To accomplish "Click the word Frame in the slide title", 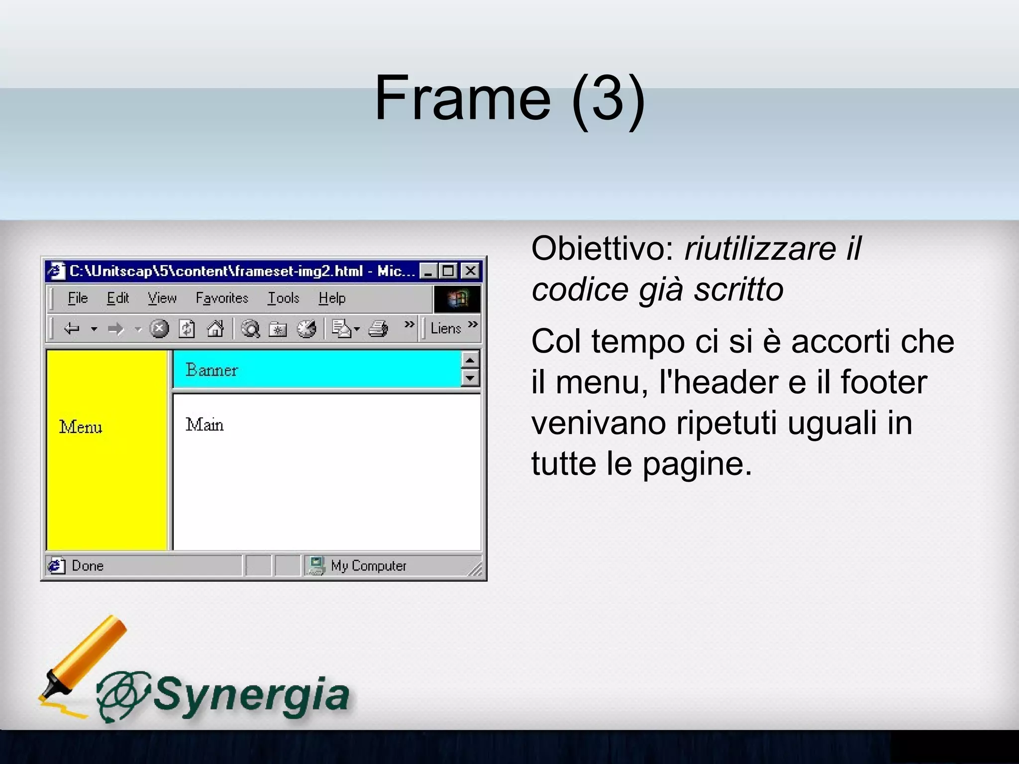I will pyautogui.click(x=463, y=98).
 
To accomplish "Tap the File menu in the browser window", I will pyautogui.click(x=78, y=298).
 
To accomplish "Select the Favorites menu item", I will pyautogui.click(x=222, y=298).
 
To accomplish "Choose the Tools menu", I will pyautogui.click(x=284, y=298).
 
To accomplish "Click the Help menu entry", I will pyautogui.click(x=332, y=298).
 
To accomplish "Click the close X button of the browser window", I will pyautogui.click(x=470, y=271).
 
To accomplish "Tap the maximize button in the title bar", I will pyautogui.click(x=449, y=271).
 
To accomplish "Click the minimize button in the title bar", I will pyautogui.click(x=428, y=271).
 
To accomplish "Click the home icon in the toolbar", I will pyautogui.click(x=215, y=329).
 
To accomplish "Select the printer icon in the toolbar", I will pyautogui.click(x=378, y=329).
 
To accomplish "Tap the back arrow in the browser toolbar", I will pyautogui.click(x=72, y=329).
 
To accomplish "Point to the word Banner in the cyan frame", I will pyautogui.click(x=211, y=370).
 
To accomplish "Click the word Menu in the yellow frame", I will pyautogui.click(x=81, y=427).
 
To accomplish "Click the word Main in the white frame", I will pyautogui.click(x=204, y=425).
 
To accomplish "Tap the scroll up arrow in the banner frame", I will pyautogui.click(x=470, y=360).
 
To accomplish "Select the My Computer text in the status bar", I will pyautogui.click(x=369, y=566).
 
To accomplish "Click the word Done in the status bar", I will pyautogui.click(x=88, y=566).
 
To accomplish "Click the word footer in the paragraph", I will pyautogui.click(x=884, y=382).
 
